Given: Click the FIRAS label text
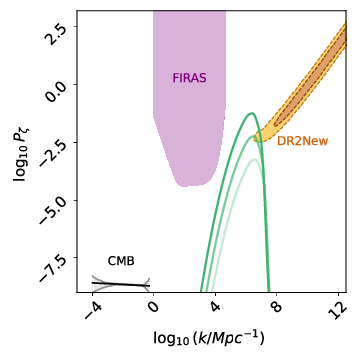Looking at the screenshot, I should point(189,78).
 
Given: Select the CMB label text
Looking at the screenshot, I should point(121,261).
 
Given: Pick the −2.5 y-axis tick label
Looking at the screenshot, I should point(50,144).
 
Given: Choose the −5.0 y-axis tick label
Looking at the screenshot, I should point(50,203).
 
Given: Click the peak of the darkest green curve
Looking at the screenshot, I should point(251,113).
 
